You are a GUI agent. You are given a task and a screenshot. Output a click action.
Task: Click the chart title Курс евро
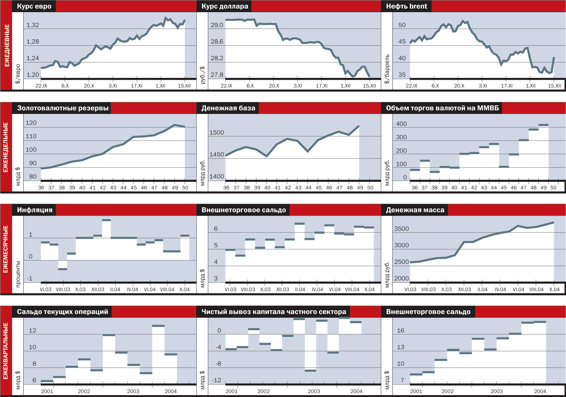coord(34,6)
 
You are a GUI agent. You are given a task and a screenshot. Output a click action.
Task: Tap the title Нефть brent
coord(406,6)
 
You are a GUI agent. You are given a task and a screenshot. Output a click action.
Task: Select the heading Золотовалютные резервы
coord(62,108)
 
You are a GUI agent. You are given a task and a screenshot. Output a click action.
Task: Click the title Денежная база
coord(228,108)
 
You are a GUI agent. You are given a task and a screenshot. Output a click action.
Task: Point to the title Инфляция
coord(35,210)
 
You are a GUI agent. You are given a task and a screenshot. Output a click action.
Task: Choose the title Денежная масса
coord(415,210)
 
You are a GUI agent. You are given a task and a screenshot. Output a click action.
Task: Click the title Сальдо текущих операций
coord(62,312)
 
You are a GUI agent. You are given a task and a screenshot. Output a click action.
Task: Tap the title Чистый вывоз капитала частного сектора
coord(273,312)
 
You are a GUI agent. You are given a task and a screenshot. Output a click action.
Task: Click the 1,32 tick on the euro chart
coord(33,25)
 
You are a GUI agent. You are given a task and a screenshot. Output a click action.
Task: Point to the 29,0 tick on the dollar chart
coord(217,25)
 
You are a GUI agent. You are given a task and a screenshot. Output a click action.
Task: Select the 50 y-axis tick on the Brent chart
coord(402,25)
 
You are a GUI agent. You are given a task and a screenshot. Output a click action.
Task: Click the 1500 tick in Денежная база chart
coord(217,132)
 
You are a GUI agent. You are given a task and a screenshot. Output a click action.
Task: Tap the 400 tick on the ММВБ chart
coord(401,124)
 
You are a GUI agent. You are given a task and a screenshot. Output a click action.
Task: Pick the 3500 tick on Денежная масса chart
coord(401,229)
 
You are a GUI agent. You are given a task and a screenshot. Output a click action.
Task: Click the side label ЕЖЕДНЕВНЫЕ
coord(6,45)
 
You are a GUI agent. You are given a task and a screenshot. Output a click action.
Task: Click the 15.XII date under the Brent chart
coord(554,86)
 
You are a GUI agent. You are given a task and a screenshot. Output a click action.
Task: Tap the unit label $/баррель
coord(387,69)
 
